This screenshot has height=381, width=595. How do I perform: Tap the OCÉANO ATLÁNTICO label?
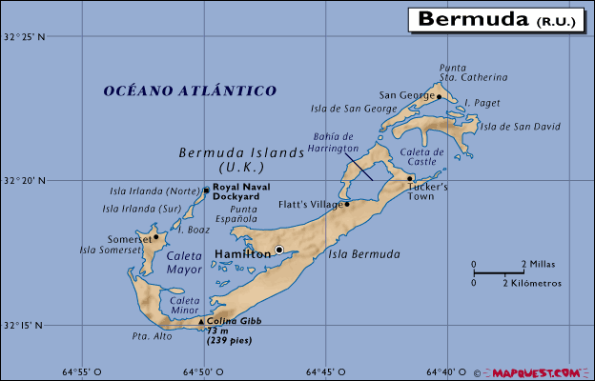click(x=190, y=90)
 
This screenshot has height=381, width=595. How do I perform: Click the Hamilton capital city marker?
click(x=279, y=250)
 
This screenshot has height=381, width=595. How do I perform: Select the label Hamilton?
click(x=242, y=254)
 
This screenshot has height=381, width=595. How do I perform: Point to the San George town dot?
click(x=439, y=95)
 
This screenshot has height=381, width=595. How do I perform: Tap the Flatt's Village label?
click(x=309, y=205)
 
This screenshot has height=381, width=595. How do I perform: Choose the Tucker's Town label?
click(x=428, y=191)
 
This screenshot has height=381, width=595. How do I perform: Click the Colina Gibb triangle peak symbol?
click(x=200, y=321)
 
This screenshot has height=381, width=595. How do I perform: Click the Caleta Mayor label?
click(x=184, y=263)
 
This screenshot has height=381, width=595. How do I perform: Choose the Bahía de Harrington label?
click(x=335, y=144)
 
